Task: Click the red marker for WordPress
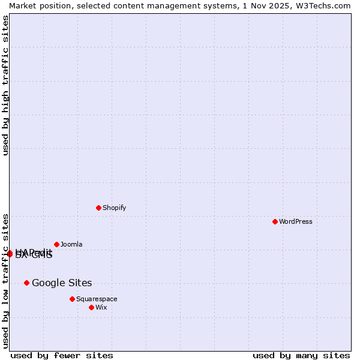pos(275,221)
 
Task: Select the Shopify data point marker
pos(98,208)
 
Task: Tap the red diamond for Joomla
pos(56,244)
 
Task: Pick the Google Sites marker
pos(26,283)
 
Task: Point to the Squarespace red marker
pos(72,299)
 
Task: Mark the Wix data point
pos(91,307)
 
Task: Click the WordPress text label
pos(296,221)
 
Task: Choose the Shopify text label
pos(114,208)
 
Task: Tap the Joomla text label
pos(71,244)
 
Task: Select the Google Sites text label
pos(62,283)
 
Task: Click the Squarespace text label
pos(97,299)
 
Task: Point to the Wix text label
pos(101,307)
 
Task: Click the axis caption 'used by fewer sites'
pos(62,355)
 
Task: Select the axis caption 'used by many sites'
pos(301,355)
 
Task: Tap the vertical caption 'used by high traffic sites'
pos(6,85)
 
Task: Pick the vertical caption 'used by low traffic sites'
pos(6,280)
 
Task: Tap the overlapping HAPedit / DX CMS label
pos(34,254)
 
